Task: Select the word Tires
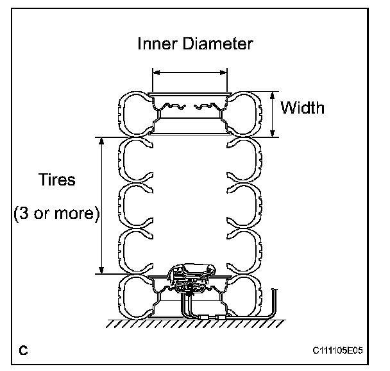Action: click(x=55, y=180)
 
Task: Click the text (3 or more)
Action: click(x=56, y=213)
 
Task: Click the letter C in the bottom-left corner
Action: click(x=23, y=350)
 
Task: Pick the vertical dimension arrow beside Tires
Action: click(x=101, y=205)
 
